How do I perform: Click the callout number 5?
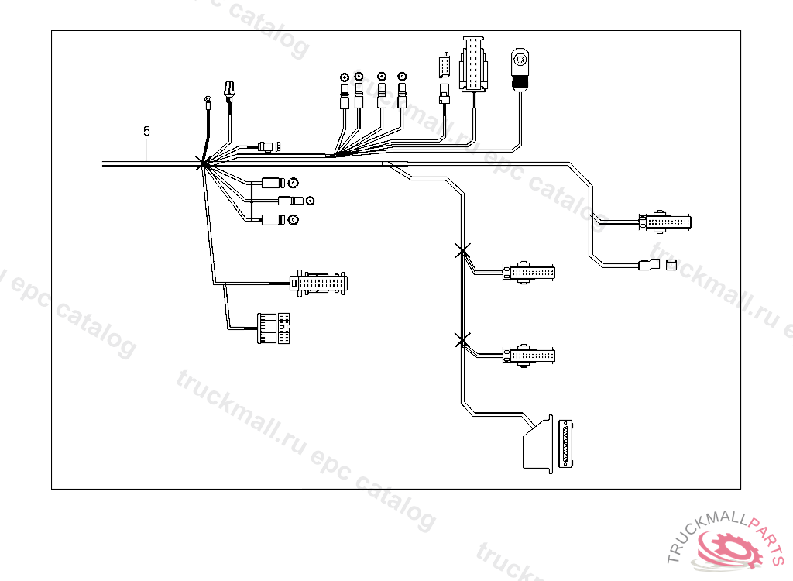(x=146, y=131)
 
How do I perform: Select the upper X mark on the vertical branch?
(x=462, y=250)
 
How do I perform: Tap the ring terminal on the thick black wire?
(x=208, y=99)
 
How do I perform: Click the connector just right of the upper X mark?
(x=530, y=273)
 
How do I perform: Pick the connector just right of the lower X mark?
(x=530, y=356)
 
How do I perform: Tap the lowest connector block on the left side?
(x=274, y=328)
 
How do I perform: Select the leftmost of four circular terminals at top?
(x=344, y=77)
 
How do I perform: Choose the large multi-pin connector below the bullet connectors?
(x=318, y=283)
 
